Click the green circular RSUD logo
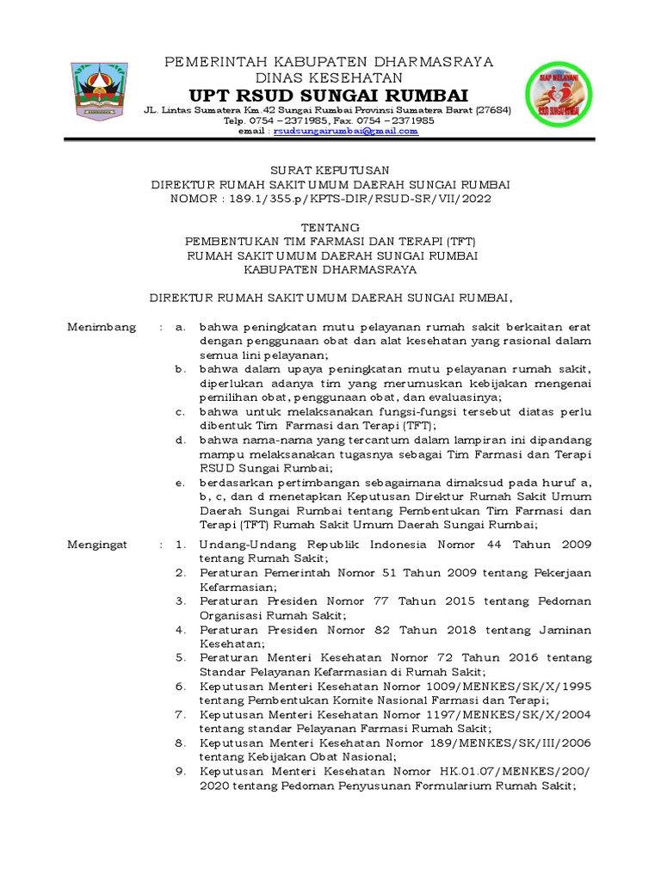(x=559, y=94)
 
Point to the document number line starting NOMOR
(x=330, y=199)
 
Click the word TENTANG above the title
(x=330, y=226)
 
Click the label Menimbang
(x=102, y=328)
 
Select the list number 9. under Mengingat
(x=180, y=772)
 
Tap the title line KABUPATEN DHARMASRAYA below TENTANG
(x=330, y=269)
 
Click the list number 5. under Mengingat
(x=180, y=658)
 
